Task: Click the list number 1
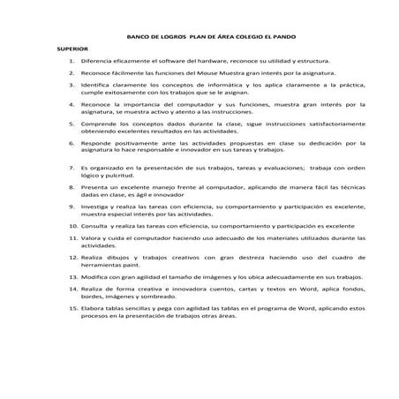(70, 68)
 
